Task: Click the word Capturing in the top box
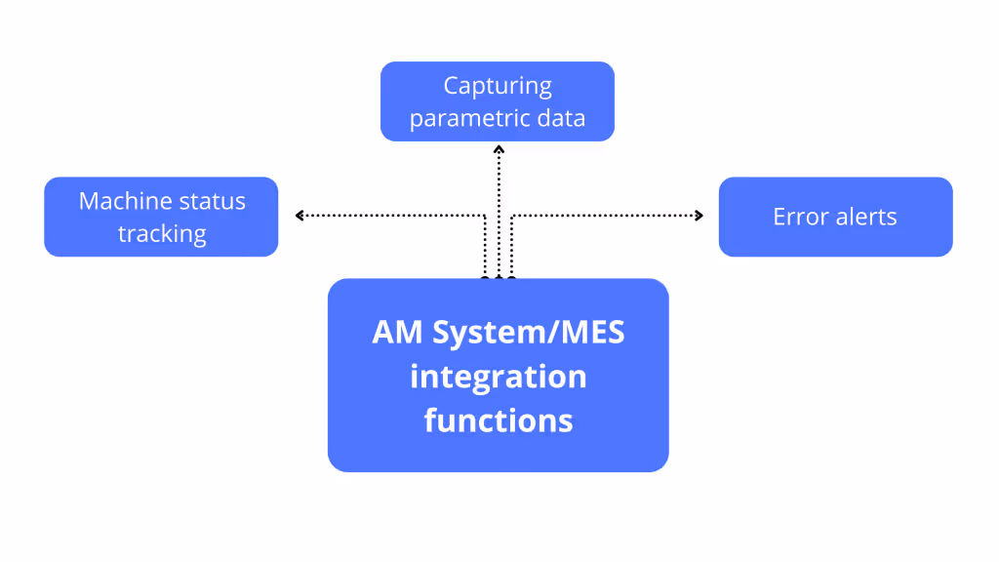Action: tap(498, 86)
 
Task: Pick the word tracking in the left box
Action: tap(162, 234)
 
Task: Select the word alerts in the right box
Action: tap(864, 217)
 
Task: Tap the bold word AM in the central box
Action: tap(397, 333)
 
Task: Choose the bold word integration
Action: tap(498, 377)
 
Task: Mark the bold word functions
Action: tap(498, 421)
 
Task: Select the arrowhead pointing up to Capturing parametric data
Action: tap(499, 149)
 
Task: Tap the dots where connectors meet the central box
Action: tap(499, 279)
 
